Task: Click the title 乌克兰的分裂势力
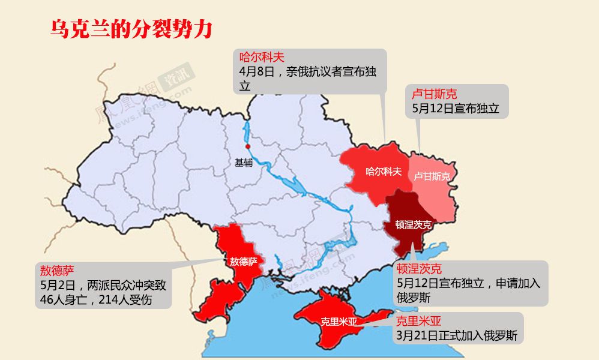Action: pyautogui.click(x=131, y=29)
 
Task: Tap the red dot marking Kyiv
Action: pyautogui.click(x=247, y=146)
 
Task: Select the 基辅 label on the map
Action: pyautogui.click(x=244, y=162)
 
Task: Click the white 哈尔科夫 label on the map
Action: pyautogui.click(x=384, y=172)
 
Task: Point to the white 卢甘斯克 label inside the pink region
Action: pyautogui.click(x=432, y=176)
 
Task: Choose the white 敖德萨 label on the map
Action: pyautogui.click(x=243, y=262)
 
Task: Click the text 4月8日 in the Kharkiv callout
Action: pyautogui.click(x=257, y=72)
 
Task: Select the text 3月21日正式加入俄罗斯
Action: pyautogui.click(x=457, y=335)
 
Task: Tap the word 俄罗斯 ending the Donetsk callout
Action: pyautogui.click(x=414, y=298)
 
